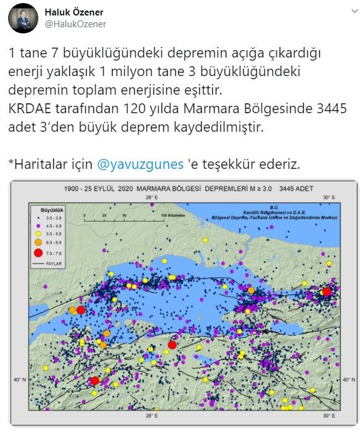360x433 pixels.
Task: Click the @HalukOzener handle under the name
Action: (75, 24)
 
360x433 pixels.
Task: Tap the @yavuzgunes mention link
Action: (140, 165)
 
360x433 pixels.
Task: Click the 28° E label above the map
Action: (150, 197)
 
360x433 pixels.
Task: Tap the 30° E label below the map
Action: (329, 415)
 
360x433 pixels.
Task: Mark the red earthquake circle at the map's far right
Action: (327, 291)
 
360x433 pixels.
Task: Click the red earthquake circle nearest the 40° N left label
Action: (95, 381)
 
